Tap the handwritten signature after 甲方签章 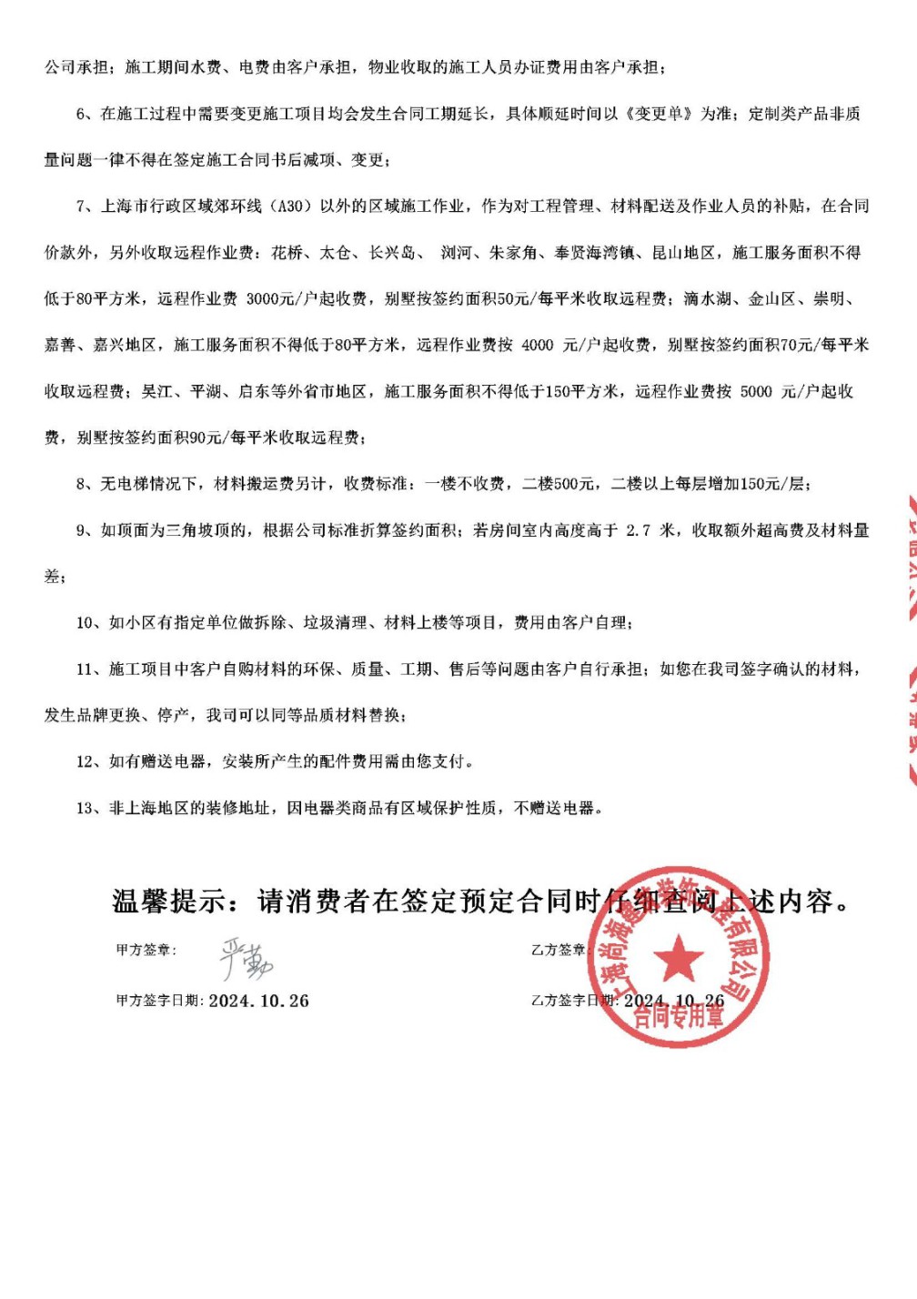click(x=246, y=958)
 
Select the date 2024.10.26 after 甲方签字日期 click(x=259, y=1001)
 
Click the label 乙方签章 click(x=557, y=951)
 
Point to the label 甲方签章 click(x=145, y=951)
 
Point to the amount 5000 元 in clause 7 click(x=768, y=392)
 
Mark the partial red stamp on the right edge click(x=906, y=637)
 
